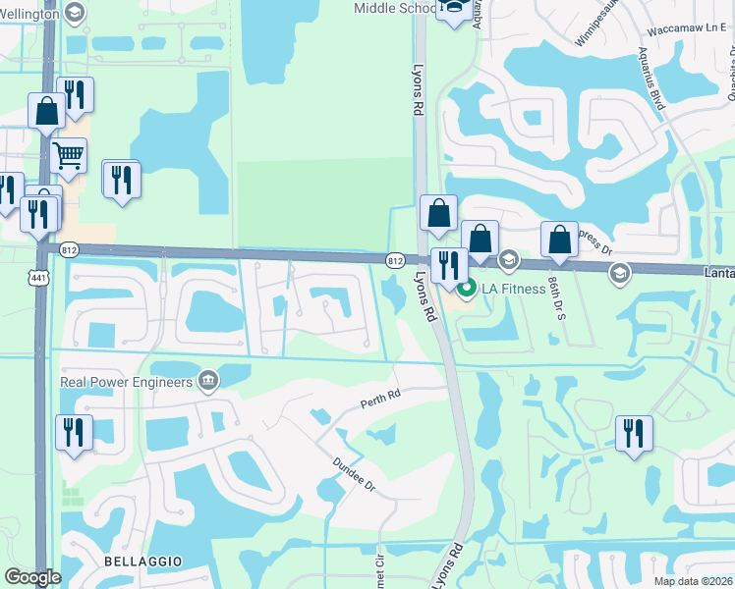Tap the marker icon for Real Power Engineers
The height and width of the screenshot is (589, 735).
(207, 381)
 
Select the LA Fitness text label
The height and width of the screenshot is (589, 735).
(513, 289)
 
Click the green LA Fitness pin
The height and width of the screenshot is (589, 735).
(467, 289)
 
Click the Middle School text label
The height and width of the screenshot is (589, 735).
(394, 9)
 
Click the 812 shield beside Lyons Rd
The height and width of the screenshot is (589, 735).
(395, 260)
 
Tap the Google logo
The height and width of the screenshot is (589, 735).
(33, 577)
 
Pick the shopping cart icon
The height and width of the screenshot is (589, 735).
(68, 155)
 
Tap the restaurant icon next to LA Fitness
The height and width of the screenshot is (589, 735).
(447, 265)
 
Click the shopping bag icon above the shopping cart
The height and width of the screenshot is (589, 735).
(46, 111)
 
